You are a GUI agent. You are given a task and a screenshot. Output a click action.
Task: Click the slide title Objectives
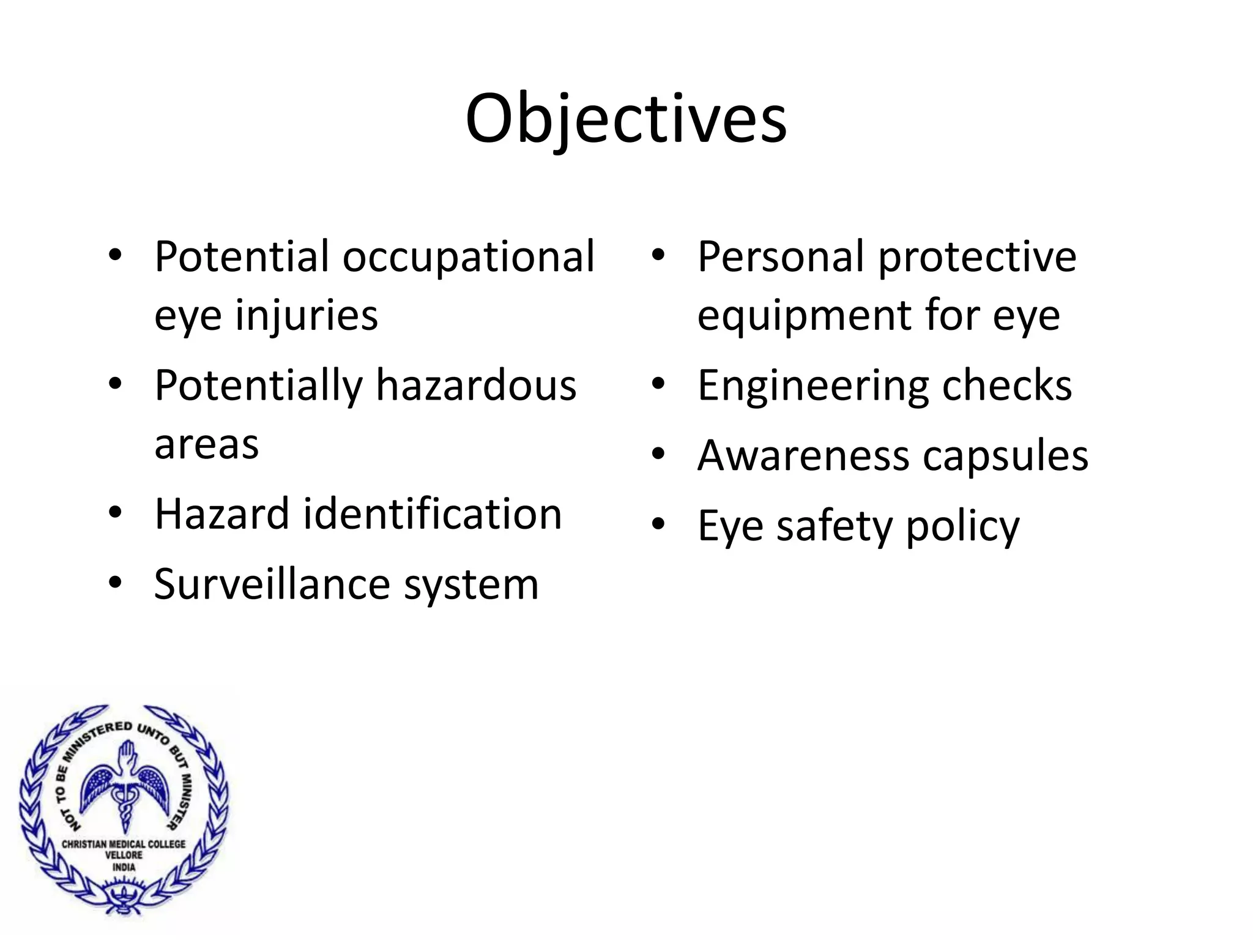625,119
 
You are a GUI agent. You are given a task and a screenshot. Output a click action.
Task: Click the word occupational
468,257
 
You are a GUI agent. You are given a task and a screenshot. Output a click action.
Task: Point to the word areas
206,444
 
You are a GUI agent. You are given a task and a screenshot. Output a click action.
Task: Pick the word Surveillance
272,584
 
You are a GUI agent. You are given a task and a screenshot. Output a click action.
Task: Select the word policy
962,527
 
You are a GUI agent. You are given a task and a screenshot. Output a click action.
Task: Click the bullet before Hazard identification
115,513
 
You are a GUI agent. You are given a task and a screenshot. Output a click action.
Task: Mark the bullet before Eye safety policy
658,524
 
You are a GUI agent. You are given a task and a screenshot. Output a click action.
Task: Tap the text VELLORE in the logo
124,855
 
